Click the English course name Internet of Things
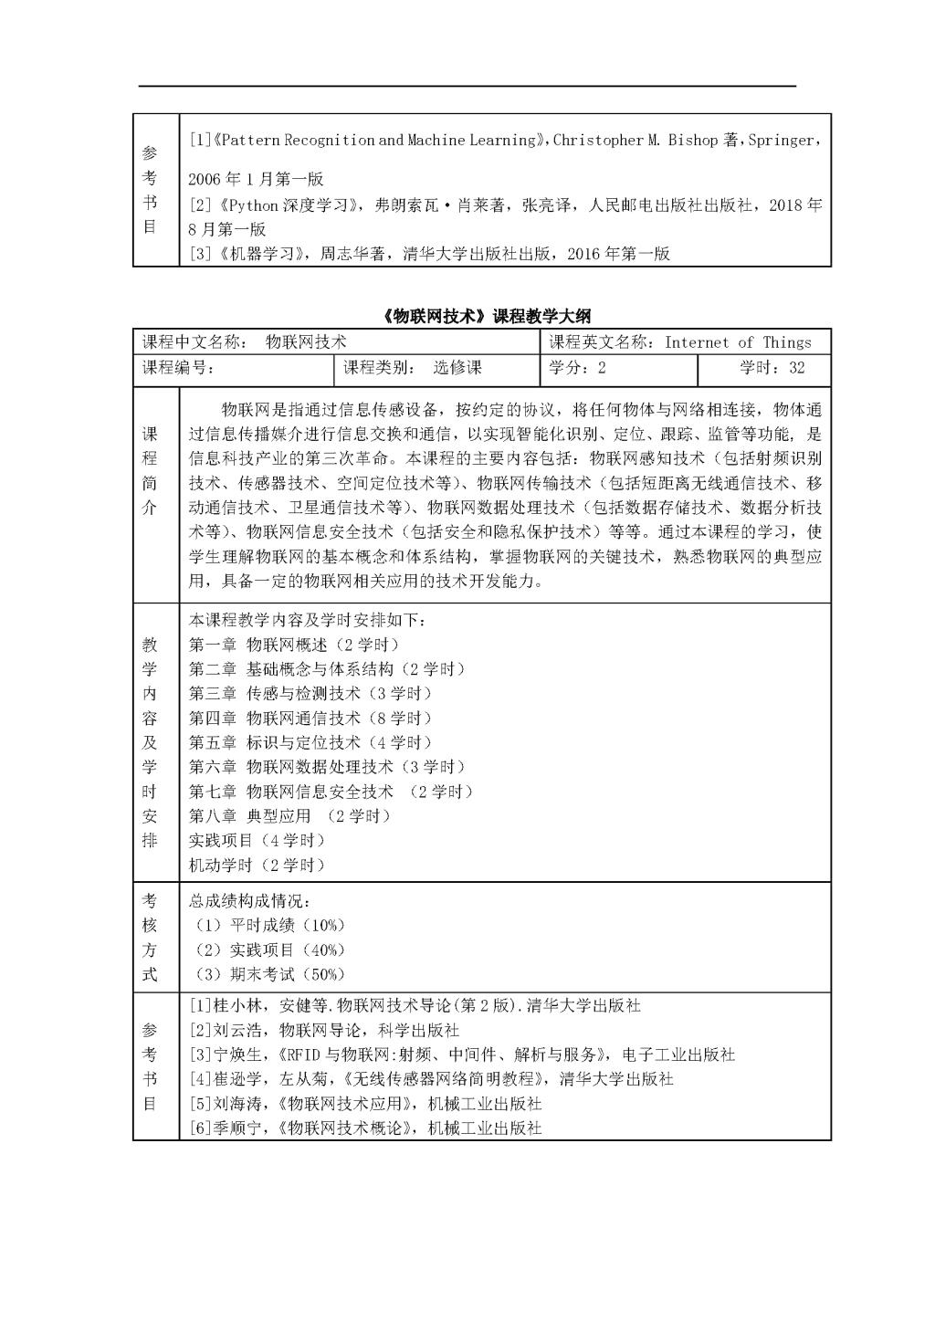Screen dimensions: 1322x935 click(737, 342)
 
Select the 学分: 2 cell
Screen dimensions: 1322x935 click(577, 368)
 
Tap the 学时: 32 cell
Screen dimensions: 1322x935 click(772, 368)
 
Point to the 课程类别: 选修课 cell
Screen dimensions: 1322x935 click(412, 368)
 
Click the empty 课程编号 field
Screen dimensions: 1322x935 click(274, 368)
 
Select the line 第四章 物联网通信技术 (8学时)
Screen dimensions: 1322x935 click(310, 719)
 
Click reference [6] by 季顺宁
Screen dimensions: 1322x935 click(365, 1128)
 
